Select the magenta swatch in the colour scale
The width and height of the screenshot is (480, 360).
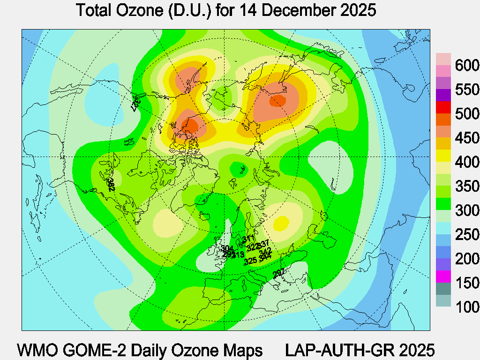(x=443, y=277)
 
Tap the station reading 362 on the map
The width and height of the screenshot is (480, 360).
(x=111, y=184)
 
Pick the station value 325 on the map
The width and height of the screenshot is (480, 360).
(x=250, y=261)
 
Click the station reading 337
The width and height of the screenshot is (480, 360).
(x=263, y=243)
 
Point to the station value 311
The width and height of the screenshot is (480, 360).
(x=248, y=239)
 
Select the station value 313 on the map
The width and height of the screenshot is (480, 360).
(x=238, y=255)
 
